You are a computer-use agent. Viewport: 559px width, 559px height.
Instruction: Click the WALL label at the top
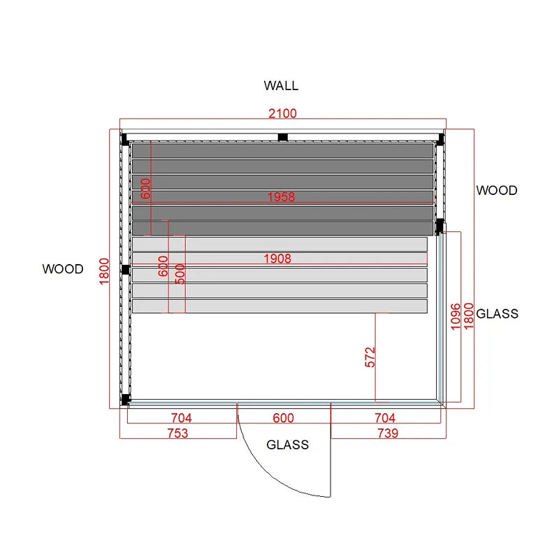281,85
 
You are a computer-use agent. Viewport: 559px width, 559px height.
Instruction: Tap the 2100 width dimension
282,113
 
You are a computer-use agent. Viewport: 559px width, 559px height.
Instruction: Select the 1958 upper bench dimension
282,197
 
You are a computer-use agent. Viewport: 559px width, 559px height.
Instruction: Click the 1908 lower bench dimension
277,259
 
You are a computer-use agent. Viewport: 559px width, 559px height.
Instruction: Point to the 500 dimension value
180,274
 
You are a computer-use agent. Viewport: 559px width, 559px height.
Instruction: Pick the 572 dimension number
370,357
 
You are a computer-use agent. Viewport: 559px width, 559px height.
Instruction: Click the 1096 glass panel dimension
456,317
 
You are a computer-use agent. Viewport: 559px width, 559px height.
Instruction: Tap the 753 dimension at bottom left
177,433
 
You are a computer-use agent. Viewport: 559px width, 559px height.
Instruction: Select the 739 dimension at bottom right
388,433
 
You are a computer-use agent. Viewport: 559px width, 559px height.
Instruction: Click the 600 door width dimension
283,418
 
